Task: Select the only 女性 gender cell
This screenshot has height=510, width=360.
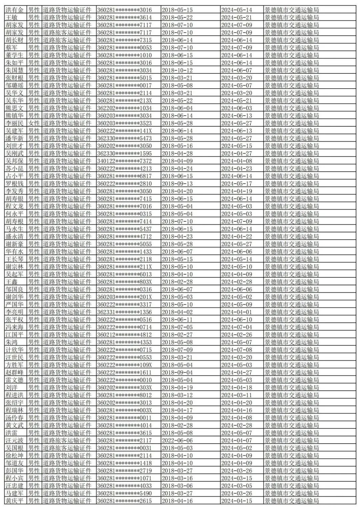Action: tap(34, 123)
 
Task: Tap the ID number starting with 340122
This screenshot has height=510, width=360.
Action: tap(124, 161)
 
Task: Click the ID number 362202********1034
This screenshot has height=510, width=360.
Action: tap(124, 108)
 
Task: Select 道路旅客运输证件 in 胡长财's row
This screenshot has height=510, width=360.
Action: tap(67, 40)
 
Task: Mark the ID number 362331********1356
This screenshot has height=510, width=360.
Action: tap(124, 312)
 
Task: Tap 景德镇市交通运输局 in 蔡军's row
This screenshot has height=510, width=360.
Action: tap(292, 48)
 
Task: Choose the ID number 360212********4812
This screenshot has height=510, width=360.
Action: tap(124, 335)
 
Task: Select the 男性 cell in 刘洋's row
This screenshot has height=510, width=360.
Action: tap(34, 388)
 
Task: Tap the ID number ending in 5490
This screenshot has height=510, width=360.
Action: tap(124, 493)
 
